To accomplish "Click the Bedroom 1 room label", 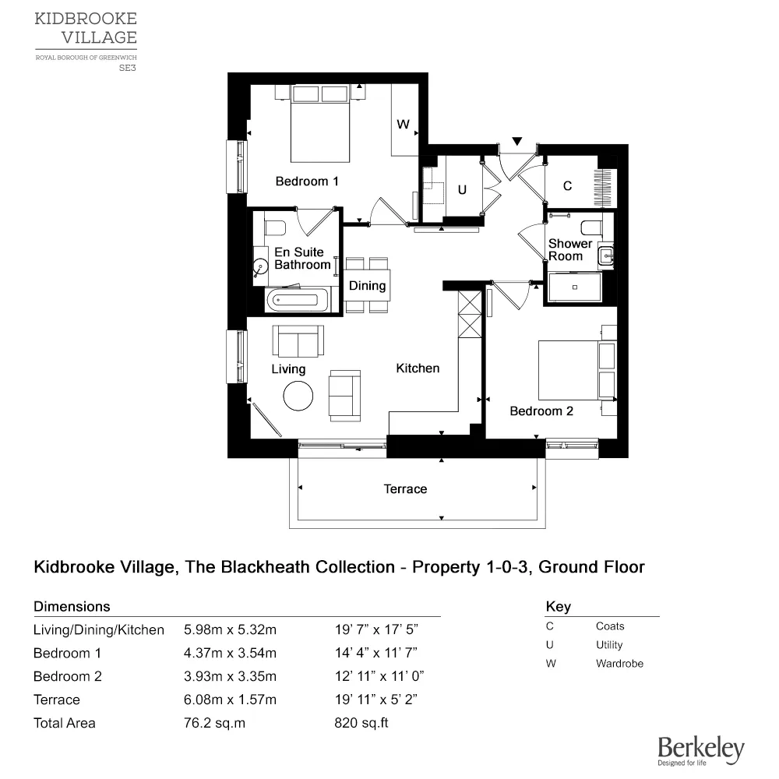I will coord(307,182).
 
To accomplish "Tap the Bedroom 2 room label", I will coord(541,411).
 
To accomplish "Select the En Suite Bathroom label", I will coord(302,259).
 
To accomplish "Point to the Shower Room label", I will coord(569,250).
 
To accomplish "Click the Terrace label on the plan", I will coord(405,489).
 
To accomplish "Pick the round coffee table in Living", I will coord(298,396).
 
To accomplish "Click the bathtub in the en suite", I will coord(297,298).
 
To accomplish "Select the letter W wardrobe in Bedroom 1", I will coord(403,125).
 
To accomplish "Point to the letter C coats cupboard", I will coord(567,186).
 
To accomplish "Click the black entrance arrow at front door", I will coord(516,141).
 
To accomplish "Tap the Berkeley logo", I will coord(700,750).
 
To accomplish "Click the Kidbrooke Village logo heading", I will coord(86,27).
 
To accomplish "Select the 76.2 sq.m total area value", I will coord(214,723).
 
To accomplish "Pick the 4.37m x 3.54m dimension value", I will coord(230,653).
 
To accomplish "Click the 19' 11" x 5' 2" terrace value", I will coord(378,700).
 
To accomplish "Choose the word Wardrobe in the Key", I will coord(619,664).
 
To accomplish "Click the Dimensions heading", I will coord(72,606).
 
